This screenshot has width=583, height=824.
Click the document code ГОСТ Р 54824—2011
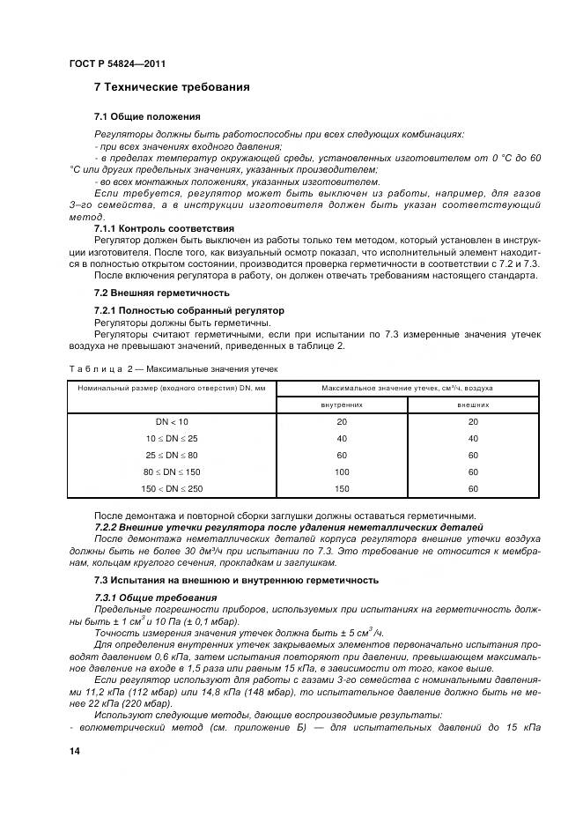(117, 64)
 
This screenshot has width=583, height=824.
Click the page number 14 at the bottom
(74, 750)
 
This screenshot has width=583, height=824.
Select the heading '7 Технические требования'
(172, 87)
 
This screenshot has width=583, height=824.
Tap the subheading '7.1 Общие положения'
(147, 116)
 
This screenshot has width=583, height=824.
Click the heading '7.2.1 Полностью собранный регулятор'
(188, 311)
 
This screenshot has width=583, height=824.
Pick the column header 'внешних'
(473, 405)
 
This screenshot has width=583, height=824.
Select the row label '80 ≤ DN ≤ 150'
(172, 471)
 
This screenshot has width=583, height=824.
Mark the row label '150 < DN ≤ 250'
(172, 488)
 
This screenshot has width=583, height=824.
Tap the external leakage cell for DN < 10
(473, 422)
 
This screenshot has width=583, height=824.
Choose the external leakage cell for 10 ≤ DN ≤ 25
(473, 438)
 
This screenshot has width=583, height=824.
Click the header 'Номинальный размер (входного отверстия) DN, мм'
(172, 388)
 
